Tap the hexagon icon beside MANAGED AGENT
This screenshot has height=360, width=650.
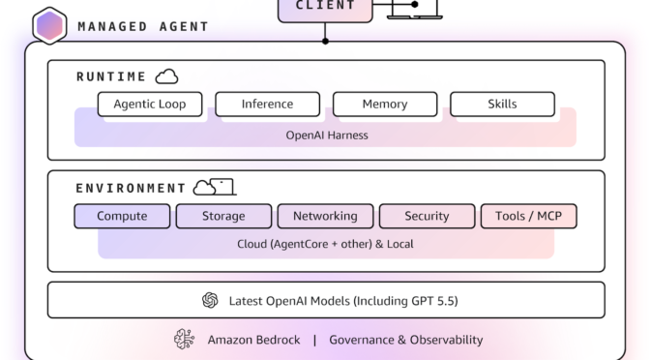(x=49, y=25)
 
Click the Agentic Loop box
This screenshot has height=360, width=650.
(x=149, y=104)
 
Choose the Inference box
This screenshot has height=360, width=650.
(x=267, y=104)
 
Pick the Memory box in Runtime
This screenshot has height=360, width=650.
(x=384, y=104)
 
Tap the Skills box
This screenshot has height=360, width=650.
(x=502, y=104)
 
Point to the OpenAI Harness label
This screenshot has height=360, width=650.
(x=326, y=135)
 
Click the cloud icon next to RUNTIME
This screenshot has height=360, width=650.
(x=166, y=75)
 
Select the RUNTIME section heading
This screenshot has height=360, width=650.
(x=111, y=76)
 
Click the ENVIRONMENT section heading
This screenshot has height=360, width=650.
(x=131, y=188)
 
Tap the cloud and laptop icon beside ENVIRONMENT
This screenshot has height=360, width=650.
(x=214, y=187)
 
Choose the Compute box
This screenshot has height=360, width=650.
(x=122, y=216)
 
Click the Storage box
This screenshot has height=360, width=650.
(x=223, y=216)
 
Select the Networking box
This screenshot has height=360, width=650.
(x=325, y=216)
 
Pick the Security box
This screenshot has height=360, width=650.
(x=427, y=216)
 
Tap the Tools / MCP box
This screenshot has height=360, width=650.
(x=528, y=216)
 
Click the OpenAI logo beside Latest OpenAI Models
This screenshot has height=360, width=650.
(x=210, y=300)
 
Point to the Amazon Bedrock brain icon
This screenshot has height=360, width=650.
(x=184, y=340)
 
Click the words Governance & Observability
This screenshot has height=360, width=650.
(x=405, y=340)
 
